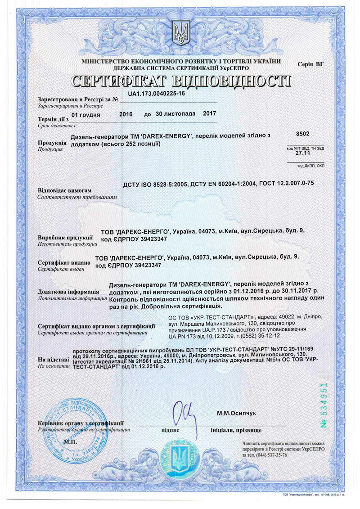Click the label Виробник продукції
click(65, 237)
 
